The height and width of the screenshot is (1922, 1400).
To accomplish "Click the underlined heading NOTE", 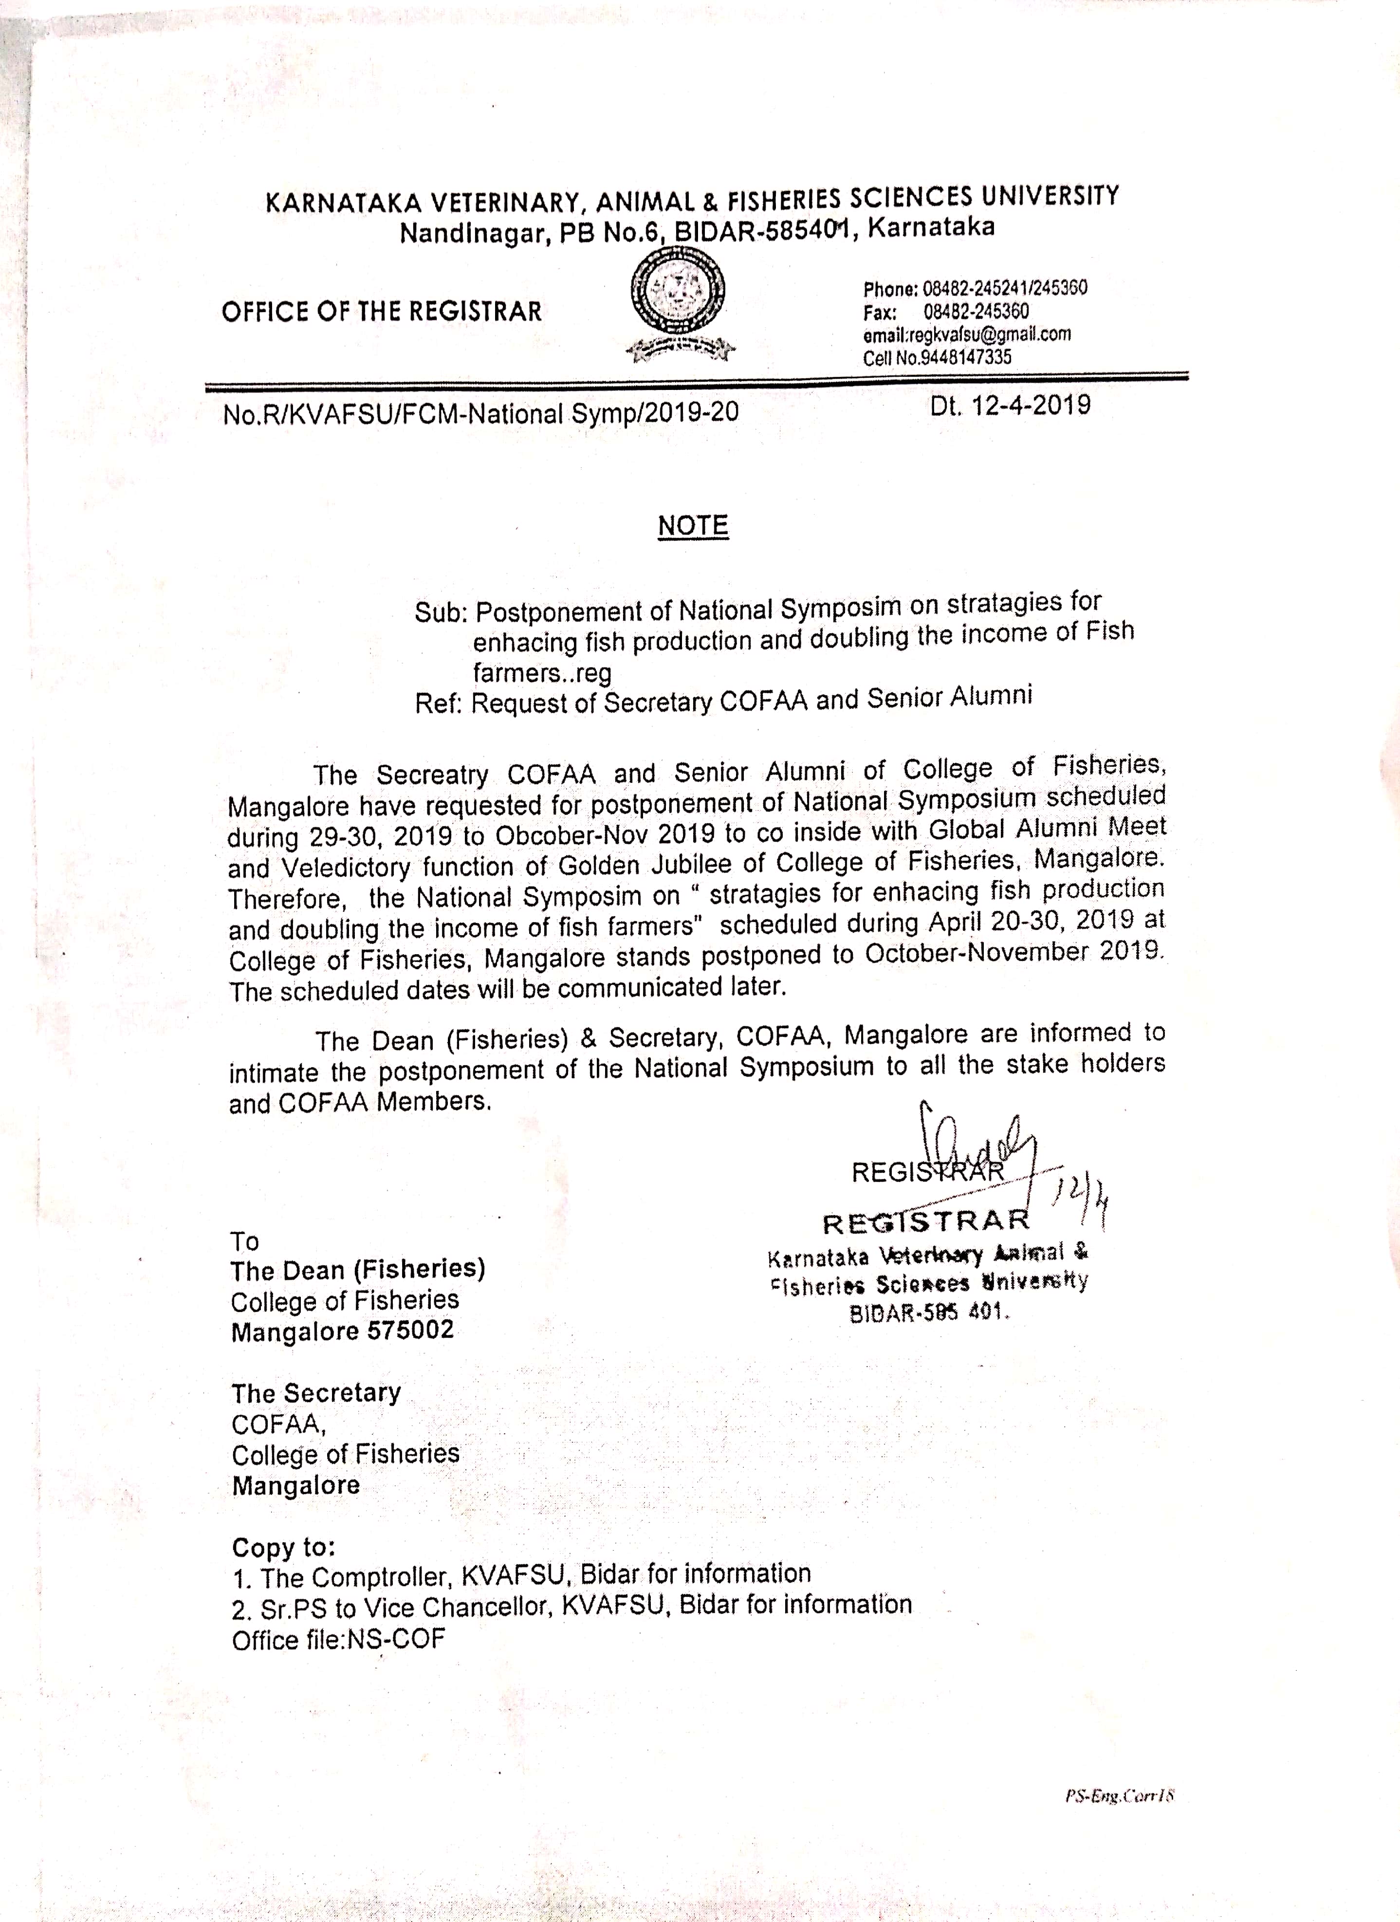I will tap(692, 526).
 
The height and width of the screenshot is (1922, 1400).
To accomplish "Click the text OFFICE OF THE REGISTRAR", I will tap(381, 312).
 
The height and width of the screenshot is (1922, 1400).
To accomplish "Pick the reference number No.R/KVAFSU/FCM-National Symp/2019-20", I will tap(480, 413).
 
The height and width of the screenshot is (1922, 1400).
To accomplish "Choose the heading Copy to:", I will tap(283, 1548).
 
